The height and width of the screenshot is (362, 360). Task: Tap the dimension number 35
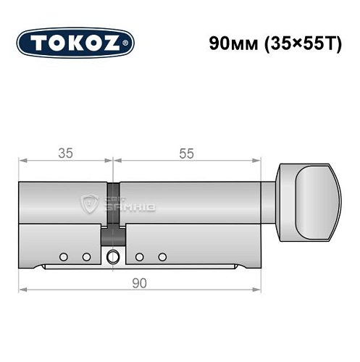coord(66,153)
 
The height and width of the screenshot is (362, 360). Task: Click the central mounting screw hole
coord(112,256)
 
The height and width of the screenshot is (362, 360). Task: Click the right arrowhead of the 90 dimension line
coord(259,290)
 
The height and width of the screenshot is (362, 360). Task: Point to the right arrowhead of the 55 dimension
coord(259,161)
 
